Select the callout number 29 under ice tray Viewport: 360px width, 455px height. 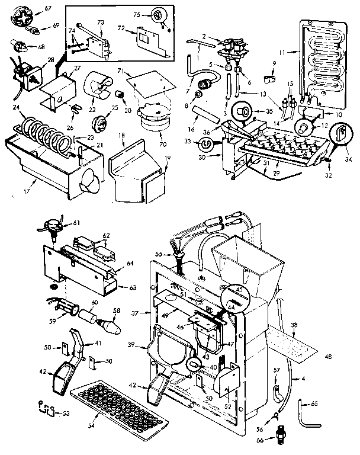pyautogui.click(x=275, y=173)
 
